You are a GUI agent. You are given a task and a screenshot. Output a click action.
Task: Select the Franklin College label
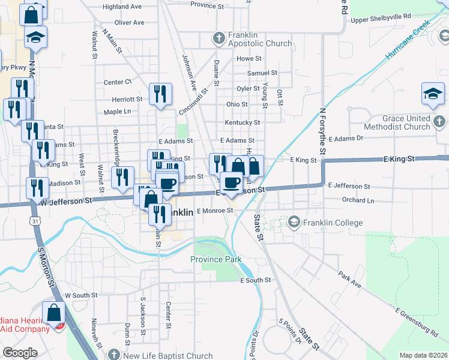[x=333, y=223]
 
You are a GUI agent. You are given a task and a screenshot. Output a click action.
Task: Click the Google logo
[x=19, y=353]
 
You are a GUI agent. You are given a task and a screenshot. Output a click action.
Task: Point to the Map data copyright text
[x=423, y=355]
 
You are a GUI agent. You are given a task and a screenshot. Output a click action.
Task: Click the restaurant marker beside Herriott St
[x=160, y=94]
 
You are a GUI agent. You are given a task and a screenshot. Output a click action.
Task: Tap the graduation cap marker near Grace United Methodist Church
[x=433, y=94]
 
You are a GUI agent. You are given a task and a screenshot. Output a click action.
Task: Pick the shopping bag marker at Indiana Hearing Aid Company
[x=54, y=313]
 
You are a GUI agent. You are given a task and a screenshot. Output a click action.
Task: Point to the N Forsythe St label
[x=322, y=132]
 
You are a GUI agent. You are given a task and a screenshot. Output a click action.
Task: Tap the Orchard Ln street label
[x=357, y=200]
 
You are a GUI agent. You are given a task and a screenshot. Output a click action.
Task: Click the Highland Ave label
[x=122, y=7]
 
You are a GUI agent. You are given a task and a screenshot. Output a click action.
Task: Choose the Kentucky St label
[x=242, y=122]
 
